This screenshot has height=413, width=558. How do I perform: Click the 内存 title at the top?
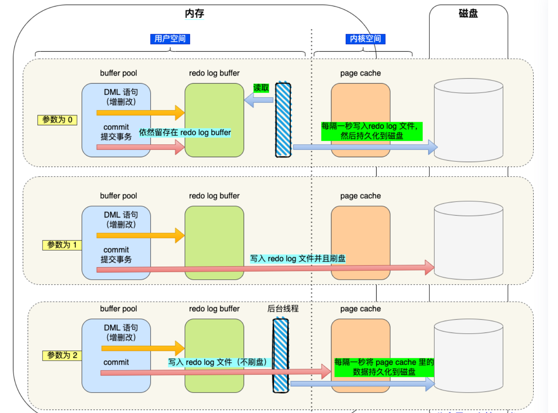[194, 13]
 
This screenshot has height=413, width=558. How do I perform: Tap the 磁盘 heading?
[468, 13]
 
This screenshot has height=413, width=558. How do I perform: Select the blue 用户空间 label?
[170, 39]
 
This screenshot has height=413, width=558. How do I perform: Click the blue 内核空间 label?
[365, 39]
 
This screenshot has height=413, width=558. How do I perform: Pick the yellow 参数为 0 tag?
[57, 120]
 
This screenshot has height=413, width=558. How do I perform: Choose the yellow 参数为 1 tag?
[62, 245]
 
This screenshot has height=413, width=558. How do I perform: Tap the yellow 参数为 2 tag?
[62, 355]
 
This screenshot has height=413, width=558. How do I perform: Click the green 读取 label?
[261, 88]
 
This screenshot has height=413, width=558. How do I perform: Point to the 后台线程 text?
[283, 309]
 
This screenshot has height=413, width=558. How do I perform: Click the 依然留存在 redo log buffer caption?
[185, 132]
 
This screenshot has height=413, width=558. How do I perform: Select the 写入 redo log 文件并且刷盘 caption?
[298, 259]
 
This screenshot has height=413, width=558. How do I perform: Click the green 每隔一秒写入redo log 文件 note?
[372, 131]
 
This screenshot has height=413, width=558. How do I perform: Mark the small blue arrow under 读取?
[259, 100]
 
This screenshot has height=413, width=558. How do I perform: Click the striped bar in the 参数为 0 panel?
[283, 120]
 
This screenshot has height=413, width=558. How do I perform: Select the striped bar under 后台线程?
[281, 356]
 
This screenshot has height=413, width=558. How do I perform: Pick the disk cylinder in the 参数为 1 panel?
[468, 240]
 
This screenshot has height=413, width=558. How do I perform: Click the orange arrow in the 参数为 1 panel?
[140, 236]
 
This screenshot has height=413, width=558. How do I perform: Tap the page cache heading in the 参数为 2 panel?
[361, 309]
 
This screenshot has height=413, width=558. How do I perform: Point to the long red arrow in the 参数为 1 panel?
[265, 268]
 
